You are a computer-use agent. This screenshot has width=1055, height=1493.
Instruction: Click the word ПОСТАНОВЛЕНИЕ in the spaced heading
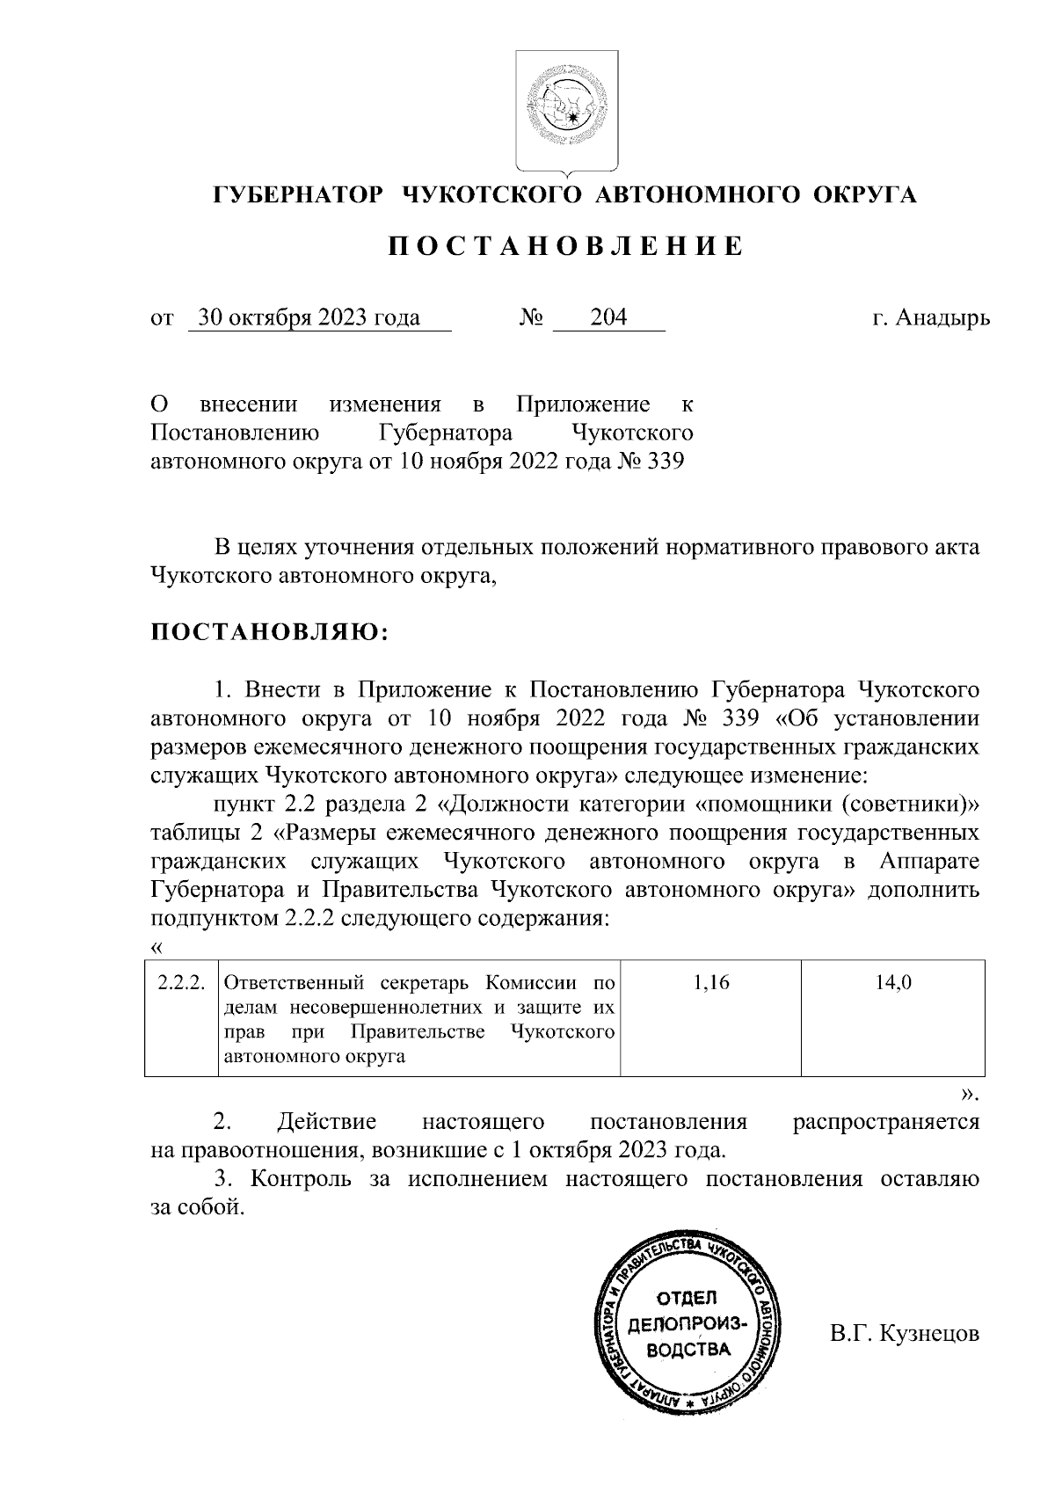click(566, 247)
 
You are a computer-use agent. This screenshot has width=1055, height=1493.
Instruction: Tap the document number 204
click(608, 318)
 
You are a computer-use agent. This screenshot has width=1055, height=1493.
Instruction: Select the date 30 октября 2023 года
click(309, 318)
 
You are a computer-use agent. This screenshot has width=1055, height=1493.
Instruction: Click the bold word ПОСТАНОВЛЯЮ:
click(269, 632)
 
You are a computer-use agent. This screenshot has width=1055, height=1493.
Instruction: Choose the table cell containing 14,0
click(892, 984)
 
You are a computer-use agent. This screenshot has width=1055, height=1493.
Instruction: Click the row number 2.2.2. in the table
click(180, 984)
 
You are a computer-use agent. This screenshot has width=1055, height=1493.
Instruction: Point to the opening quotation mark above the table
click(157, 947)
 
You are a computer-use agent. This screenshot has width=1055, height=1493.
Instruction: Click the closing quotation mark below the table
click(969, 1095)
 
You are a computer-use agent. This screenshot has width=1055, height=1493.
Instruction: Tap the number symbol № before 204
click(531, 318)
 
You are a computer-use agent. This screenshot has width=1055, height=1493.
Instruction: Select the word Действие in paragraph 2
click(326, 1123)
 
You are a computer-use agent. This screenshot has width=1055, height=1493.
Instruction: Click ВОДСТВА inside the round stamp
click(687, 1350)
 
